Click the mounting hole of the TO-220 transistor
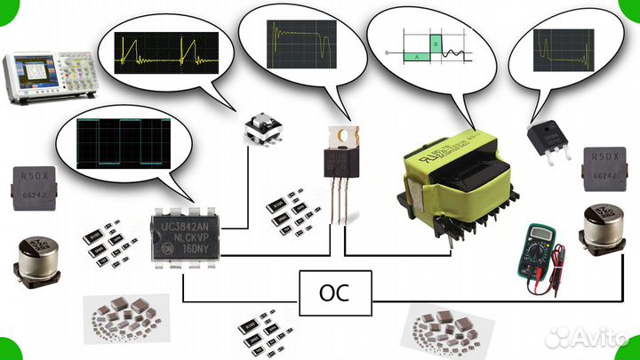click(340, 135)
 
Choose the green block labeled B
click(435, 42)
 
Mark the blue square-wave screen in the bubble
click(122, 142)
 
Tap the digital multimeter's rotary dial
click(538, 254)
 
